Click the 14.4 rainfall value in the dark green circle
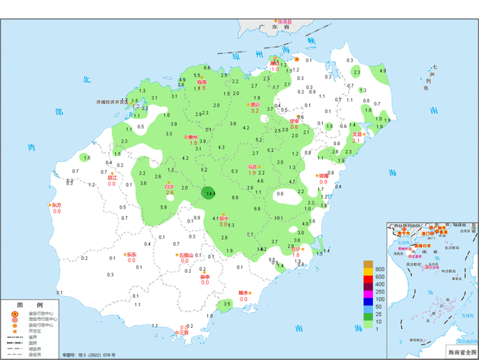pos(211,194)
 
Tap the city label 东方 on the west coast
pos(56,205)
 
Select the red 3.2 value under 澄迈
pos(255,111)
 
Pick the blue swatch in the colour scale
pos(368,300)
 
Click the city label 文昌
pos(357,134)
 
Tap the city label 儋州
pos(194,137)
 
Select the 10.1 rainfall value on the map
pos(279,218)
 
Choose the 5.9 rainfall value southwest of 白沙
pos(163,207)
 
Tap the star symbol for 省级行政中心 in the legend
pos(14,314)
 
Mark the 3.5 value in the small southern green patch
pos(227,304)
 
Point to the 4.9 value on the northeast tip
pos(181,80)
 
